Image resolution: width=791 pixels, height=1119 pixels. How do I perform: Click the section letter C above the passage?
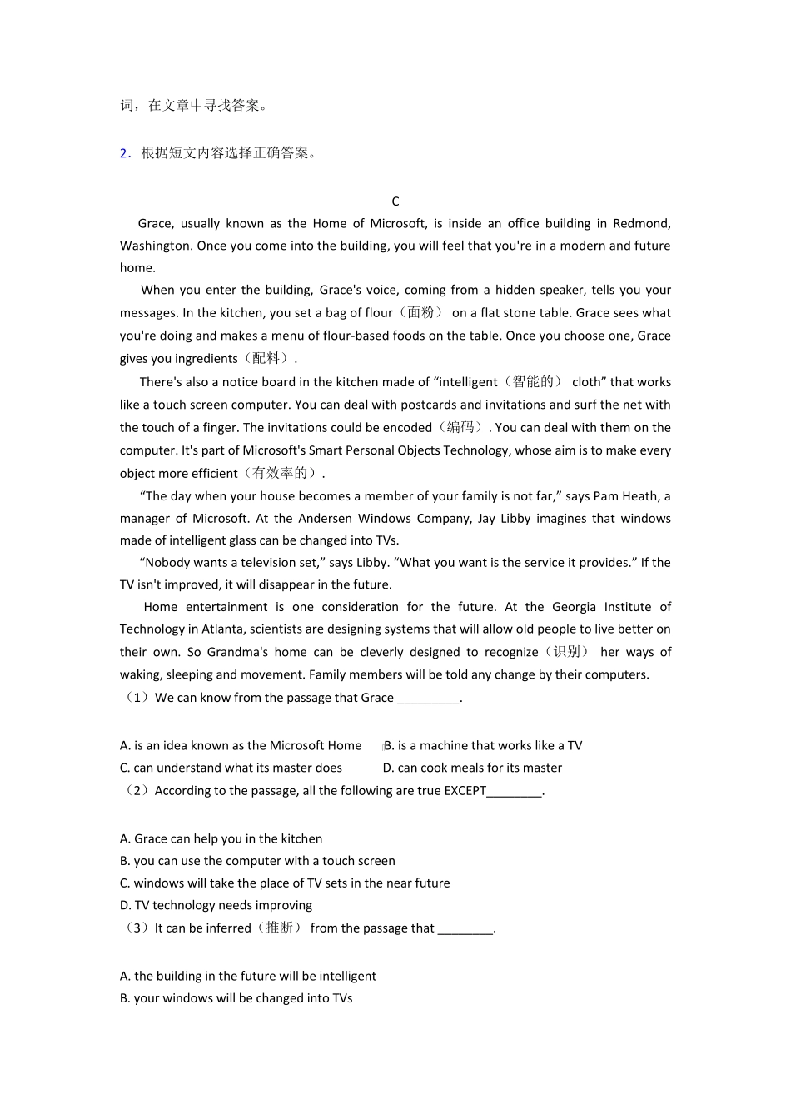[x=395, y=201]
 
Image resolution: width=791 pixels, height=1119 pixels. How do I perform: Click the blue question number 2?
[x=124, y=153]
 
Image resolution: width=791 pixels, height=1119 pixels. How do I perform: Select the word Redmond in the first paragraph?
[x=641, y=223]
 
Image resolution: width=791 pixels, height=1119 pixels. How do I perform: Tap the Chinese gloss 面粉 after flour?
[x=420, y=313]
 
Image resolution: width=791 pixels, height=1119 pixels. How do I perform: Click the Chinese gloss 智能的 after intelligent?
[x=533, y=382]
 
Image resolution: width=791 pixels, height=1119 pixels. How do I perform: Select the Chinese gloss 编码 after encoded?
[x=460, y=428]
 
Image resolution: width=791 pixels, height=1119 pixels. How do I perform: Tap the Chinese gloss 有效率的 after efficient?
[x=284, y=474]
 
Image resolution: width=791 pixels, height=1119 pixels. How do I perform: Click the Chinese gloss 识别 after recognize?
[x=566, y=652]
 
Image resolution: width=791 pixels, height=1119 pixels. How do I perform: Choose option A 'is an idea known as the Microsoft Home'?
[x=241, y=746]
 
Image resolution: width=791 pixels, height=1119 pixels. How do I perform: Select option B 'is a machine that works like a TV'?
[x=483, y=746]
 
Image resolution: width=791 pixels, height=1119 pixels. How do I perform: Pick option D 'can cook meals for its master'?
[x=472, y=768]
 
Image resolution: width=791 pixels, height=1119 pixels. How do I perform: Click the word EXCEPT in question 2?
[x=465, y=791]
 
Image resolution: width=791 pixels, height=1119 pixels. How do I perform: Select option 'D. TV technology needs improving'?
[x=216, y=906]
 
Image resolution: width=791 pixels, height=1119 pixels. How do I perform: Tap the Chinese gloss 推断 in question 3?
[x=279, y=928]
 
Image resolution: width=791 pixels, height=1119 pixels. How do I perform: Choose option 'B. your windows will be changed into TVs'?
[x=236, y=999]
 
